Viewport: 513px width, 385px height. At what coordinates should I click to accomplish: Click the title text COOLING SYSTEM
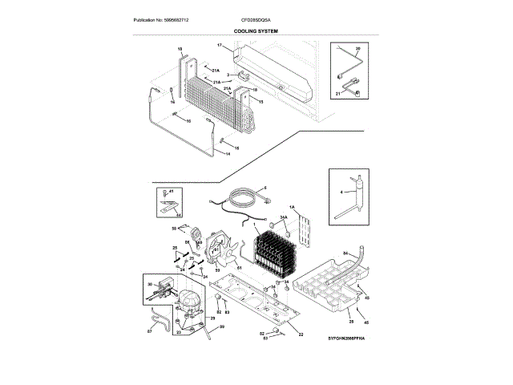coord(255,30)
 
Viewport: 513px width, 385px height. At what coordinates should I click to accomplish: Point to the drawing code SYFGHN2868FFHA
coord(345,341)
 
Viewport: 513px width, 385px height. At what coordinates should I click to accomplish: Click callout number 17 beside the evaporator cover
coord(219,45)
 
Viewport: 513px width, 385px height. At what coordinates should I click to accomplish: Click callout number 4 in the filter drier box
coord(340,192)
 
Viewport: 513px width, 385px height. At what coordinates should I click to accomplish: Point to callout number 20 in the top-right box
coord(357,49)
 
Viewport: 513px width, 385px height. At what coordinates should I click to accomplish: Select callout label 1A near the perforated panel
coord(293,208)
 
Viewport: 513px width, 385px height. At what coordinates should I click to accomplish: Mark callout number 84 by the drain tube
coord(346,253)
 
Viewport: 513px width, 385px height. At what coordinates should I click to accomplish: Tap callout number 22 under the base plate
coord(301,333)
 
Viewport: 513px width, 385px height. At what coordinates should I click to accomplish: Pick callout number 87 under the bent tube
coord(149,330)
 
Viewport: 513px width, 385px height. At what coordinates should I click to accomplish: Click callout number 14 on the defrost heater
coord(226,153)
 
